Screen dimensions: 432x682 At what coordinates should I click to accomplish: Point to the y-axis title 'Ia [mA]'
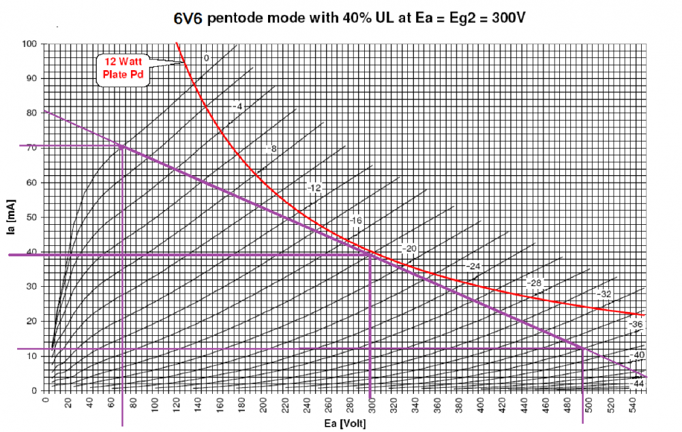point(11,217)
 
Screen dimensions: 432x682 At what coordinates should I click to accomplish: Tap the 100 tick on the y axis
point(30,44)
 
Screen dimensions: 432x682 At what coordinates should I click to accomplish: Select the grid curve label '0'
point(206,59)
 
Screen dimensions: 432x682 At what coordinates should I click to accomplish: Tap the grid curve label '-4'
point(237,107)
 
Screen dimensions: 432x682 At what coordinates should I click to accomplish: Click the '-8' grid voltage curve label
point(271,149)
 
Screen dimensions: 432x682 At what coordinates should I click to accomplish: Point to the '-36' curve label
point(636,324)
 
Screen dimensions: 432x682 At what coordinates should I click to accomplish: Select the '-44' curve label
point(637,384)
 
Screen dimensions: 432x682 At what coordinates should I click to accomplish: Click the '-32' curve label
point(604,294)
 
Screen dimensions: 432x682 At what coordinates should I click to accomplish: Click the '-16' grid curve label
point(355,221)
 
